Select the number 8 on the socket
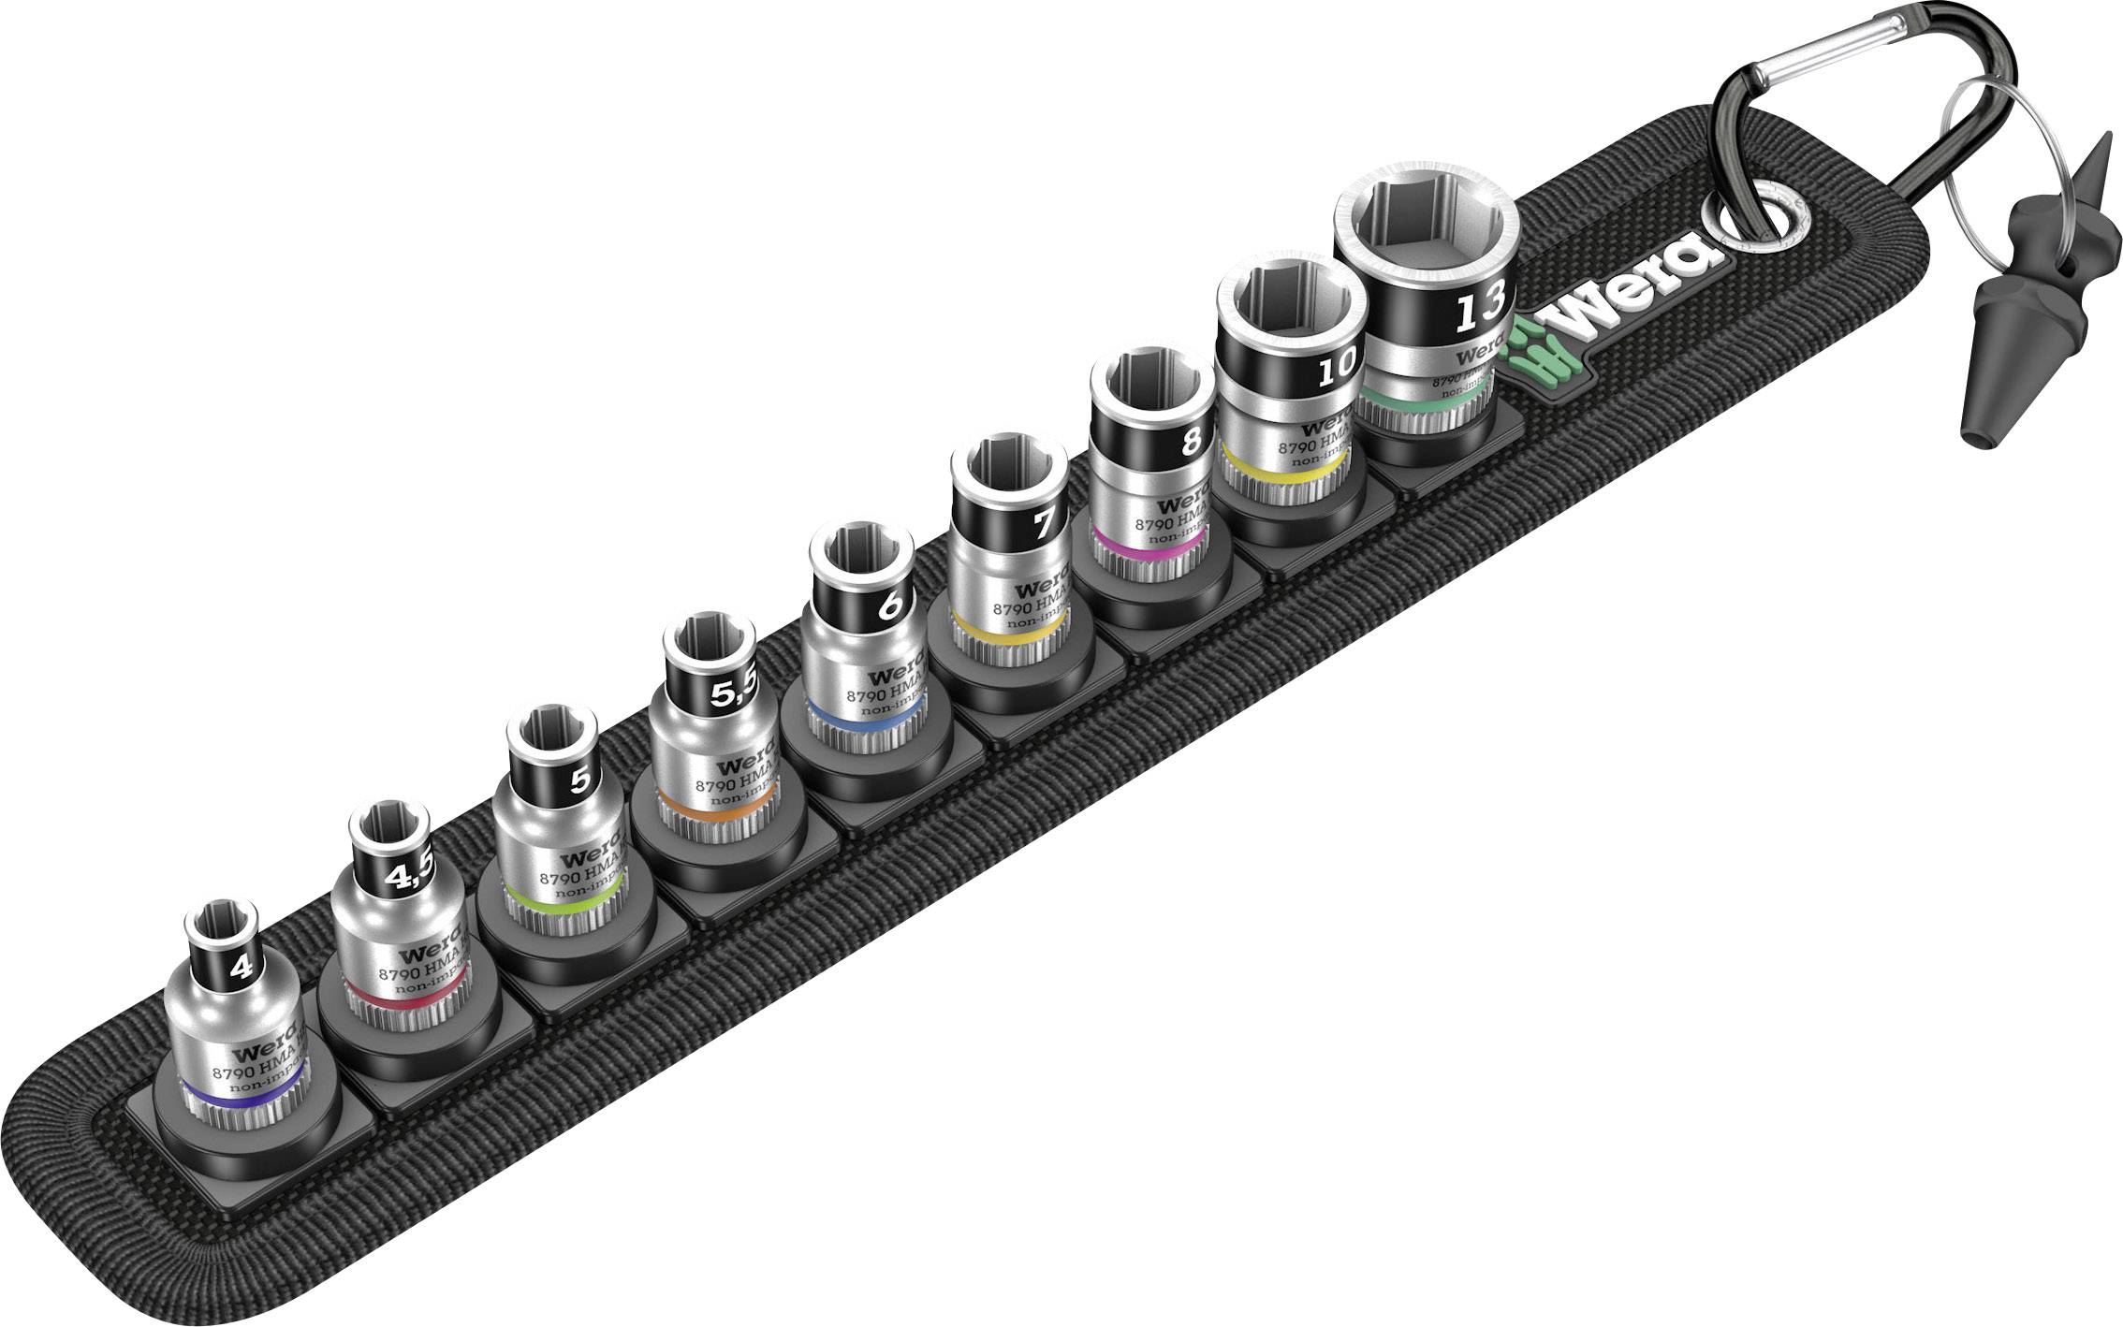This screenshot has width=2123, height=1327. [x=1191, y=439]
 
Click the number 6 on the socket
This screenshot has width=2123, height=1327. [x=891, y=605]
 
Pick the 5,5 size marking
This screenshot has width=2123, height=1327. [x=736, y=693]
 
